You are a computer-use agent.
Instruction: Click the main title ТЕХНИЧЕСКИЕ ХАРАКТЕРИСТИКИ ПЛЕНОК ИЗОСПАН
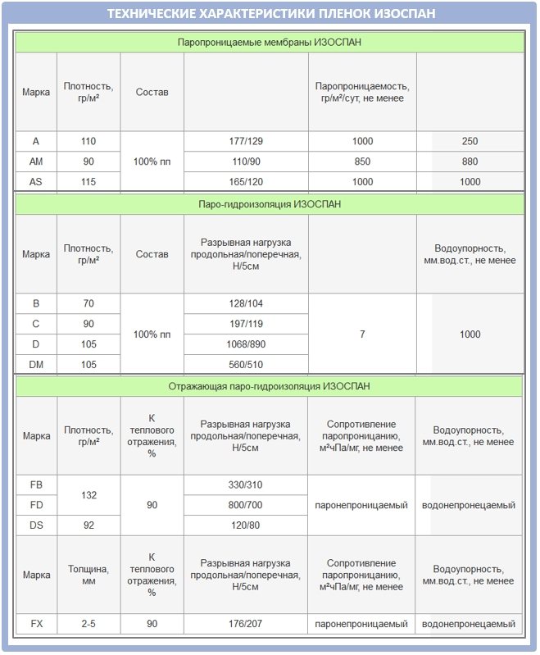(x=270, y=14)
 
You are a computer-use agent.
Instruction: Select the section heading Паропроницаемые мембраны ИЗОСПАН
(x=270, y=42)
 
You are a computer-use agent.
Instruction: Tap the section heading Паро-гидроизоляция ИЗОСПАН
(x=270, y=203)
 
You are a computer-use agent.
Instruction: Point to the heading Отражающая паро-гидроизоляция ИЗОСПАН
(x=270, y=385)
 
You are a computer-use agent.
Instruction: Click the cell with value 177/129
(x=246, y=141)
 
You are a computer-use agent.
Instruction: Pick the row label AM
(x=36, y=161)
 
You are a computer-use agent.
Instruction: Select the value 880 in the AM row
(x=470, y=161)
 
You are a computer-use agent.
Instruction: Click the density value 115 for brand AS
(x=88, y=182)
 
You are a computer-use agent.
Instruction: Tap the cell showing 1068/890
(x=246, y=344)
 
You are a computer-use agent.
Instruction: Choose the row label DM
(x=36, y=365)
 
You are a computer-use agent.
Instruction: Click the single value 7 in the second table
(x=362, y=334)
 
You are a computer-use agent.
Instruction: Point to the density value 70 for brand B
(x=88, y=304)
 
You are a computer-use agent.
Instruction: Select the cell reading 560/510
(x=246, y=365)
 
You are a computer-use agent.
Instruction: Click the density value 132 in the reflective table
(x=88, y=495)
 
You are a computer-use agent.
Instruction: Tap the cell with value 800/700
(x=246, y=505)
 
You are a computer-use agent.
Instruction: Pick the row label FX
(x=36, y=624)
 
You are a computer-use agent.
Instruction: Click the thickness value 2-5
(x=88, y=624)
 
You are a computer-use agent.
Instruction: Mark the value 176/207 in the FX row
(x=246, y=624)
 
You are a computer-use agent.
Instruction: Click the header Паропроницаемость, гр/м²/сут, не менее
(x=362, y=92)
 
